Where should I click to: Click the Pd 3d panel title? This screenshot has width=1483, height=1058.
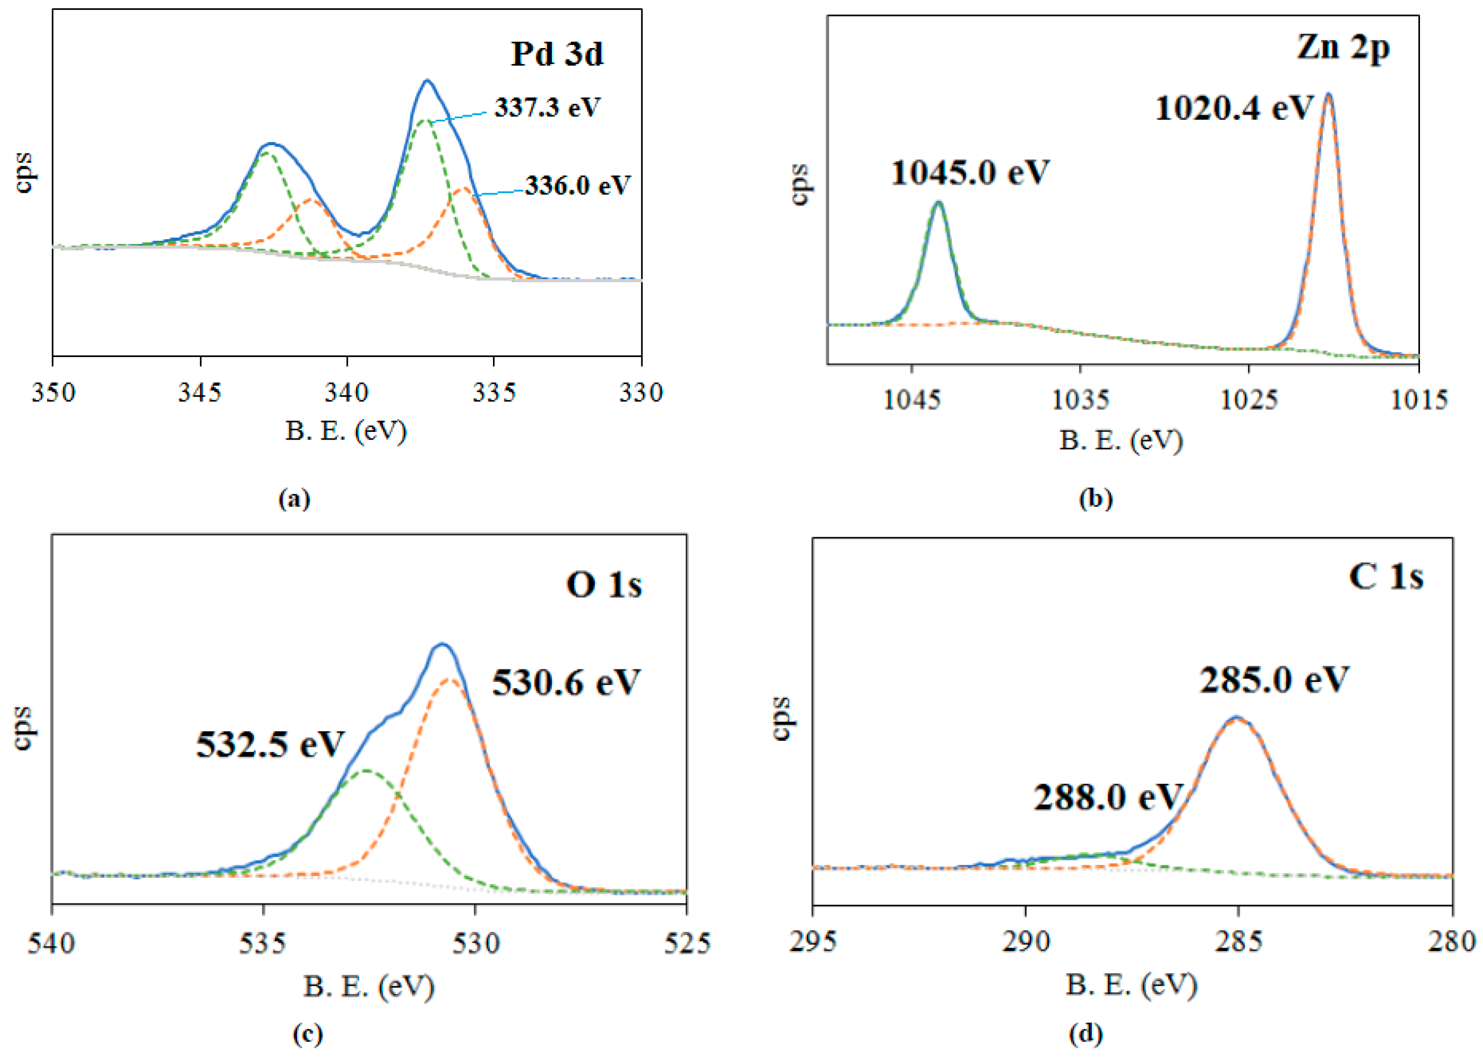point(557,54)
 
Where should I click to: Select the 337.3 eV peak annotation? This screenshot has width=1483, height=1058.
point(547,107)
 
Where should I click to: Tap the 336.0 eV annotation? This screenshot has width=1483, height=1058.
point(578,185)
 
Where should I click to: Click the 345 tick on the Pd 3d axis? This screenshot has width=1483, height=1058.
point(200,392)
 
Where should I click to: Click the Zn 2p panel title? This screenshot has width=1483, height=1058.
point(1343,48)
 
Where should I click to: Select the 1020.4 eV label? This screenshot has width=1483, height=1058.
point(1233,108)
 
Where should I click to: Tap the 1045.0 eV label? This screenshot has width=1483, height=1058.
point(969,173)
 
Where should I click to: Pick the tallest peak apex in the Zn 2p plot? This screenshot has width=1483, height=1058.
point(1328,95)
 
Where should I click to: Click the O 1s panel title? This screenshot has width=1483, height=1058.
point(604,584)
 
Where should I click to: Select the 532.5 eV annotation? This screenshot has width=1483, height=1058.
point(270,743)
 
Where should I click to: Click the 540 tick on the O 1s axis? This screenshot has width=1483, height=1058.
point(52,943)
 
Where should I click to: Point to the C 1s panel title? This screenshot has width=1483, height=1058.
point(1385,577)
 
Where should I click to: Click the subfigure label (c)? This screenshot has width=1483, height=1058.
point(307,1034)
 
